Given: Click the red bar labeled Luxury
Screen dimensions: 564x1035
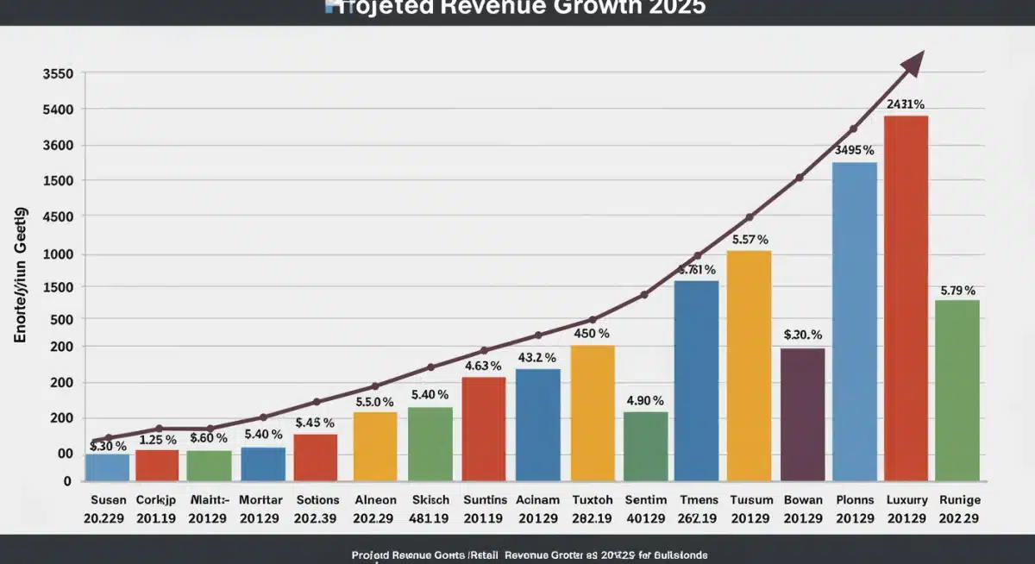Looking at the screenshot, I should point(906,298).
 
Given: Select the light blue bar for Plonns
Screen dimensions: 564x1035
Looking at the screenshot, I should point(854,321).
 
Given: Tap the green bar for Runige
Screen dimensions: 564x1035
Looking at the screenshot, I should point(957,390).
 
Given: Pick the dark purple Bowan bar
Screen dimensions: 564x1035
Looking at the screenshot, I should point(802,414).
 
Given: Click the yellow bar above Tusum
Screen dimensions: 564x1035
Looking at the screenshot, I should point(749,366).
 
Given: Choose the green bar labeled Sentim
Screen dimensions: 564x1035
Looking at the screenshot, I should point(645,446).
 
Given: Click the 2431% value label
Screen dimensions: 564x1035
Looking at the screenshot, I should point(906,104).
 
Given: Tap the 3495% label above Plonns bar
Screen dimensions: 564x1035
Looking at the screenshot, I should point(855,150).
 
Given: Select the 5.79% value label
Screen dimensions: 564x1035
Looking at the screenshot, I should point(957,290).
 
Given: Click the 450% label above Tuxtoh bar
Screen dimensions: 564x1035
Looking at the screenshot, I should point(592,333).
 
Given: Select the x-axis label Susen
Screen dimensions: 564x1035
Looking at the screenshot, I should point(108,500).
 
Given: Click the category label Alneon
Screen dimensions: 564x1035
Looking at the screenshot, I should point(375,500).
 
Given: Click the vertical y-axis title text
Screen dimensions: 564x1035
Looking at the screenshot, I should point(22,276).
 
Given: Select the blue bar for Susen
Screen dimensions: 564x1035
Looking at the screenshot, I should point(107,467).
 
